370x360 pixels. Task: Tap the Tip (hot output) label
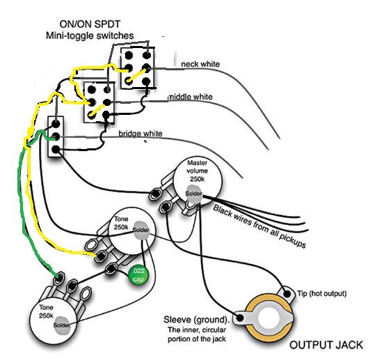(x=322, y=294)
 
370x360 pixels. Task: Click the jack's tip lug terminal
(x=287, y=294)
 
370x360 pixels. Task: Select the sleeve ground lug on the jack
(x=240, y=318)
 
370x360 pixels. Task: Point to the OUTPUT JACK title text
(x=326, y=345)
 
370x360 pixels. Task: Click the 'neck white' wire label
(x=200, y=64)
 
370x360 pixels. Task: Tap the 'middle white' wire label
(x=191, y=97)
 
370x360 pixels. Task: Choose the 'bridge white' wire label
(x=140, y=134)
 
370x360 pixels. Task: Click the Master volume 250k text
(x=198, y=171)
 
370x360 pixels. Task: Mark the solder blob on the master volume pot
(x=194, y=194)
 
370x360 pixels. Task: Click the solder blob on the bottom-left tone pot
(x=62, y=325)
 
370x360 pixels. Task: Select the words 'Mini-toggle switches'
(x=90, y=36)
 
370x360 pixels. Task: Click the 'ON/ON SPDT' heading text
(x=90, y=24)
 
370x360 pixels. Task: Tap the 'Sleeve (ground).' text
(x=197, y=320)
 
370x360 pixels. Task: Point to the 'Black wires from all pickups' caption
(x=259, y=226)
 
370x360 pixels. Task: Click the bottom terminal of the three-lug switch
(x=56, y=149)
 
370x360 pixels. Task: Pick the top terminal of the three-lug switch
(x=56, y=123)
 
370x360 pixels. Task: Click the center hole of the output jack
(x=269, y=318)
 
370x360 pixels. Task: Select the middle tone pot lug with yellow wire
(x=101, y=256)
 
